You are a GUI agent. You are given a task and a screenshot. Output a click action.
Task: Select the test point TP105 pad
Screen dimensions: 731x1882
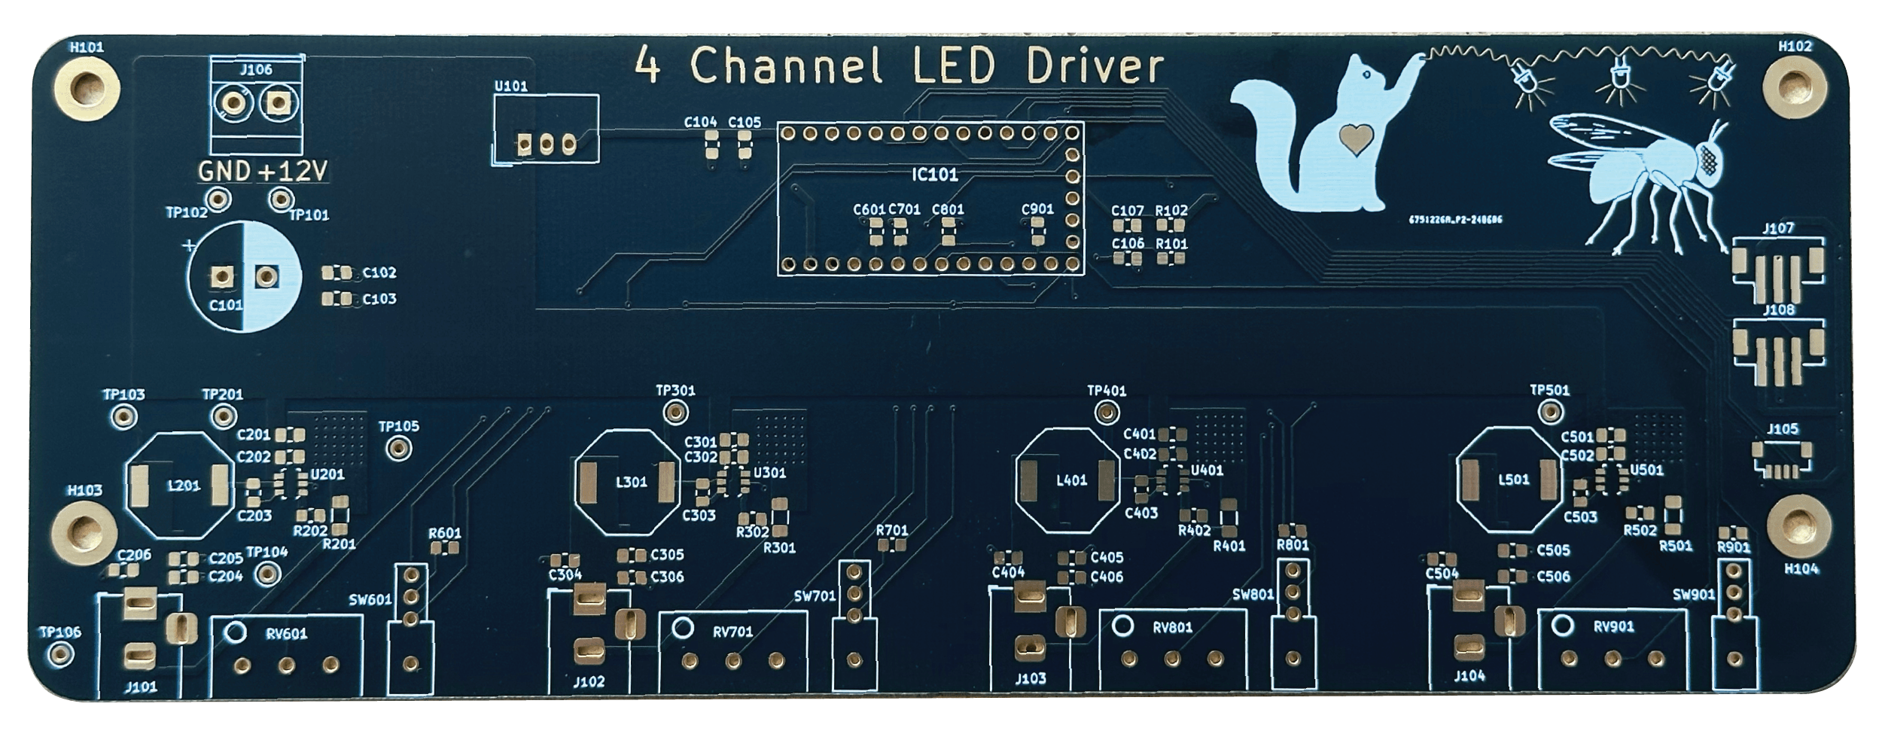[397, 449]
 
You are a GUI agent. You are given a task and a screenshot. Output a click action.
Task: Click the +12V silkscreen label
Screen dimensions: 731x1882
[293, 172]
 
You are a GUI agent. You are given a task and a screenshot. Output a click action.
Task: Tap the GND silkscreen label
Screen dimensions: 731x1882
[224, 172]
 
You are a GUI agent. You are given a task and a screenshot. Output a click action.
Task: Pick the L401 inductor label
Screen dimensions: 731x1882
[1072, 480]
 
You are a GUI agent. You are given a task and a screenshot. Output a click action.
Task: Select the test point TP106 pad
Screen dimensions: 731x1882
[56, 653]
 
